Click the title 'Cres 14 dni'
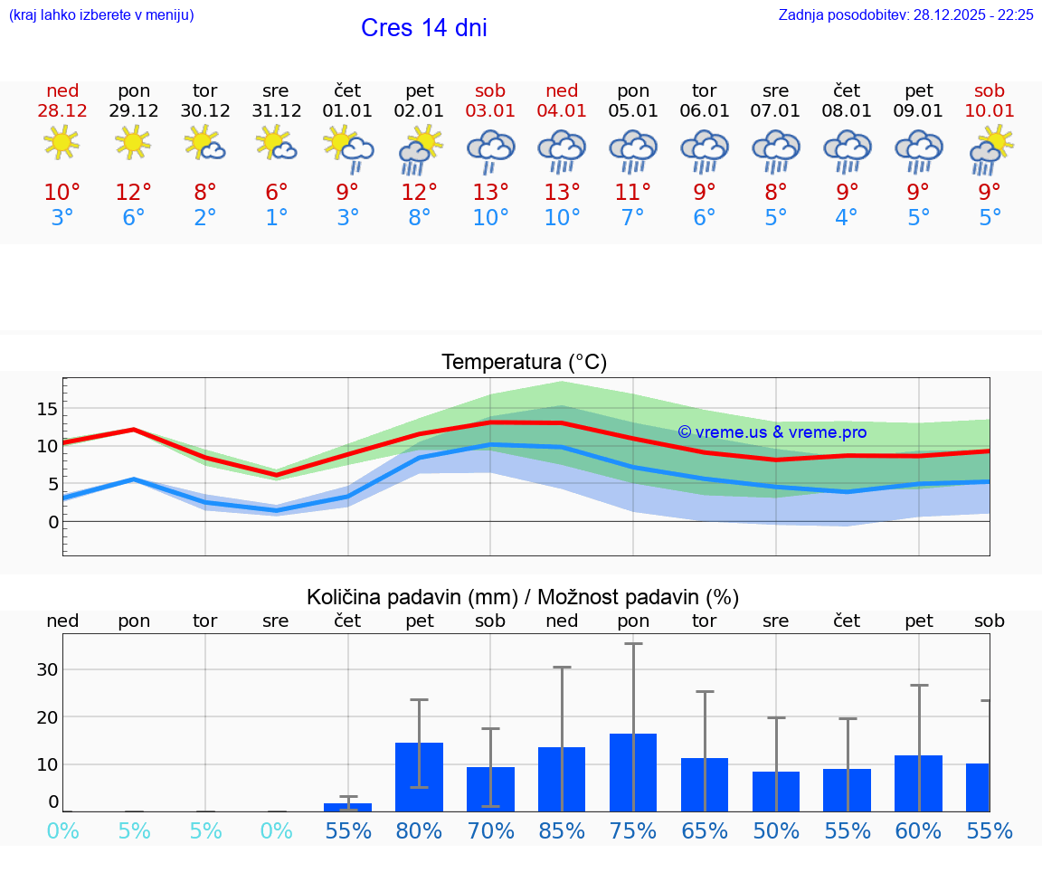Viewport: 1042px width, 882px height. [x=423, y=28]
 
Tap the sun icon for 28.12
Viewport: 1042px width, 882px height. [x=62, y=143]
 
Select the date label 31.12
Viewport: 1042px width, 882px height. [x=276, y=110]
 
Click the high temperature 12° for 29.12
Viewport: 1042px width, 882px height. [x=133, y=193]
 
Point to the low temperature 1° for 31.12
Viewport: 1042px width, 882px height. [x=276, y=218]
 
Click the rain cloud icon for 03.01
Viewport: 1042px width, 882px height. [x=490, y=149]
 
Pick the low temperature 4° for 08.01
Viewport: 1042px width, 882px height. [x=846, y=218]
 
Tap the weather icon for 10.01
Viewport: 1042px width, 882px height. [x=990, y=149]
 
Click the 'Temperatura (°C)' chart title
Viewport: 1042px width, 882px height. [x=524, y=362]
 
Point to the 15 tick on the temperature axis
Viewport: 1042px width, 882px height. [x=47, y=409]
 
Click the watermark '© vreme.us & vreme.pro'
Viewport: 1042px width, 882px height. [x=772, y=432]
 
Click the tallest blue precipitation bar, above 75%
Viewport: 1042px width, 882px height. [x=633, y=773]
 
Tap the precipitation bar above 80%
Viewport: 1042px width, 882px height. [x=419, y=777]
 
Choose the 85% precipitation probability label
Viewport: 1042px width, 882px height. [x=562, y=831]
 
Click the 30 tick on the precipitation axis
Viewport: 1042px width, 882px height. [x=47, y=669]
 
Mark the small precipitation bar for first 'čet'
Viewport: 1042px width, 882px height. [x=347, y=806]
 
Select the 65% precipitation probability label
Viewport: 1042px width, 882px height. [x=704, y=831]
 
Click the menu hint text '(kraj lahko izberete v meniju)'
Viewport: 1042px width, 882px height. [x=101, y=14]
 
